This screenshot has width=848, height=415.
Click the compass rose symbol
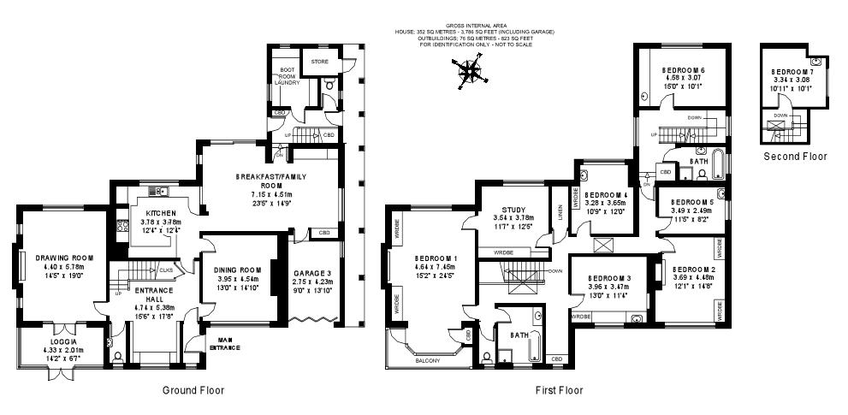click(x=470, y=74)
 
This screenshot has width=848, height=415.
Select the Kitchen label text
click(x=161, y=213)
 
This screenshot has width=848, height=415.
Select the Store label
click(x=319, y=62)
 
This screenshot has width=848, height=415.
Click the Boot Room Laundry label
click(x=287, y=77)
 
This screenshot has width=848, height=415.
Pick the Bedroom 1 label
click(x=436, y=258)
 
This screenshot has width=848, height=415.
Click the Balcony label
click(x=427, y=361)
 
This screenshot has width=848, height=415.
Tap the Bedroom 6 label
click(x=683, y=70)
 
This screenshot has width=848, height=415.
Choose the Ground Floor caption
click(x=193, y=390)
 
